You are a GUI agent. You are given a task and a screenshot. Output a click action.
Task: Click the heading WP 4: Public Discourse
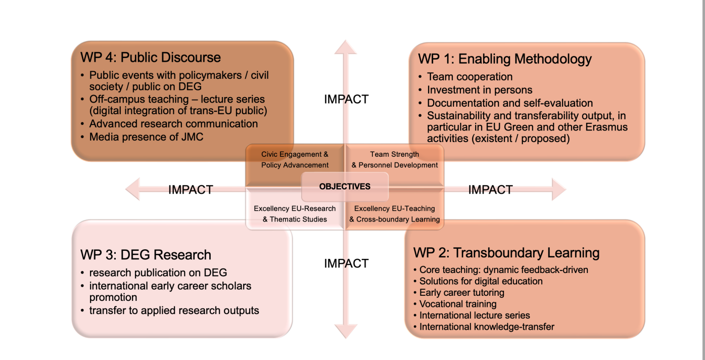151,57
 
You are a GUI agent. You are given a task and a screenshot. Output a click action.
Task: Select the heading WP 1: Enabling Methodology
504,59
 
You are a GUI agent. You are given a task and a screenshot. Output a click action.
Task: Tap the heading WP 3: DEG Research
146,254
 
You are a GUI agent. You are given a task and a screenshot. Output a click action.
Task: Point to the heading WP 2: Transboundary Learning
506,253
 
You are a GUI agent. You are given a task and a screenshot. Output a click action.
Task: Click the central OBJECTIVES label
345,187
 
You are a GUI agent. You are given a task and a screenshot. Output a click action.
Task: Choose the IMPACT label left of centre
191,190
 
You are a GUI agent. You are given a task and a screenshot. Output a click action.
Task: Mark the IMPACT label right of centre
490,190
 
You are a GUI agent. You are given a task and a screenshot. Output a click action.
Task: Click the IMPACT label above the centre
346,99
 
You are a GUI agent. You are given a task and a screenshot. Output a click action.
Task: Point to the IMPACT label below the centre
346,263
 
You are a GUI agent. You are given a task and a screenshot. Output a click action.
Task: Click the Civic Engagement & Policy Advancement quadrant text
295,159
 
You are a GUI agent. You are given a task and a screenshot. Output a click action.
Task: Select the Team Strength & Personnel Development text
395,159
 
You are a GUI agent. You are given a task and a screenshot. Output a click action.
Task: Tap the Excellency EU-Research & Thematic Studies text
295,214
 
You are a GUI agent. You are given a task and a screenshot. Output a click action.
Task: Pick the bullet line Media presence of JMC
146,137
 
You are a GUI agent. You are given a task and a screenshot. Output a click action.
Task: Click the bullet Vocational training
458,304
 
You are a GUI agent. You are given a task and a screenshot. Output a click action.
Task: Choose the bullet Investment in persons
480,90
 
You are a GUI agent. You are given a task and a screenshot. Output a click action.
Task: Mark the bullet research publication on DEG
158,273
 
